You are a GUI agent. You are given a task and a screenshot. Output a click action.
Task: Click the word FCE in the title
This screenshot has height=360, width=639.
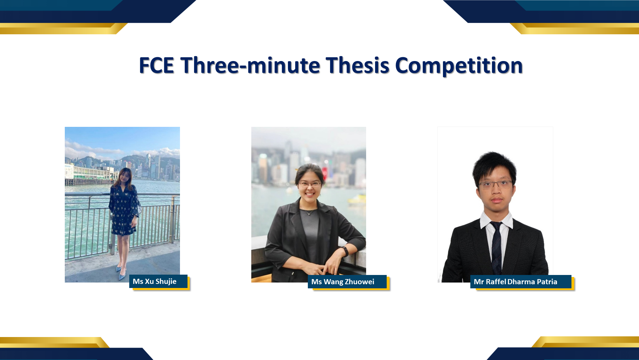click(157, 65)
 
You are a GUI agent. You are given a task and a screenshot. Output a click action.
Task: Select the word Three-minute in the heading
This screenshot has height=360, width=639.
click(250, 65)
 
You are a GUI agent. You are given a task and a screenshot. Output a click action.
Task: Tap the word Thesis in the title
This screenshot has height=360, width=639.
click(358, 65)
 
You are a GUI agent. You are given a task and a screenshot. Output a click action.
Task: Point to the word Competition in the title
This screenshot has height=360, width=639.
click(459, 66)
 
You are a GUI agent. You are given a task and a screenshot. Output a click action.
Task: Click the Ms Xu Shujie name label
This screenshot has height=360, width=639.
click(158, 281)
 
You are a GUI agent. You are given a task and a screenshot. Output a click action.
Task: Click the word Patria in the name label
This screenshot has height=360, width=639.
click(547, 282)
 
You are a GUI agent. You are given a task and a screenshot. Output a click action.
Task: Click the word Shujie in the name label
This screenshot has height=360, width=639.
click(166, 281)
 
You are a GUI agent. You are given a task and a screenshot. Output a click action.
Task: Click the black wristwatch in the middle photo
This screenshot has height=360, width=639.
click(345, 251)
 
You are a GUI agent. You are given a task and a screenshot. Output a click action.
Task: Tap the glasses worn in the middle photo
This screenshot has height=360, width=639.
click(310, 184)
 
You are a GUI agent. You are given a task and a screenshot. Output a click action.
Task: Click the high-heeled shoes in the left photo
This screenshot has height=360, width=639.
click(121, 272)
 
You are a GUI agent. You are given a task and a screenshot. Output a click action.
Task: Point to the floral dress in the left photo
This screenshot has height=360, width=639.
click(124, 210)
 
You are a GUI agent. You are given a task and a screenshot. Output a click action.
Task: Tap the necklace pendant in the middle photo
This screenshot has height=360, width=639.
click(310, 214)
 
